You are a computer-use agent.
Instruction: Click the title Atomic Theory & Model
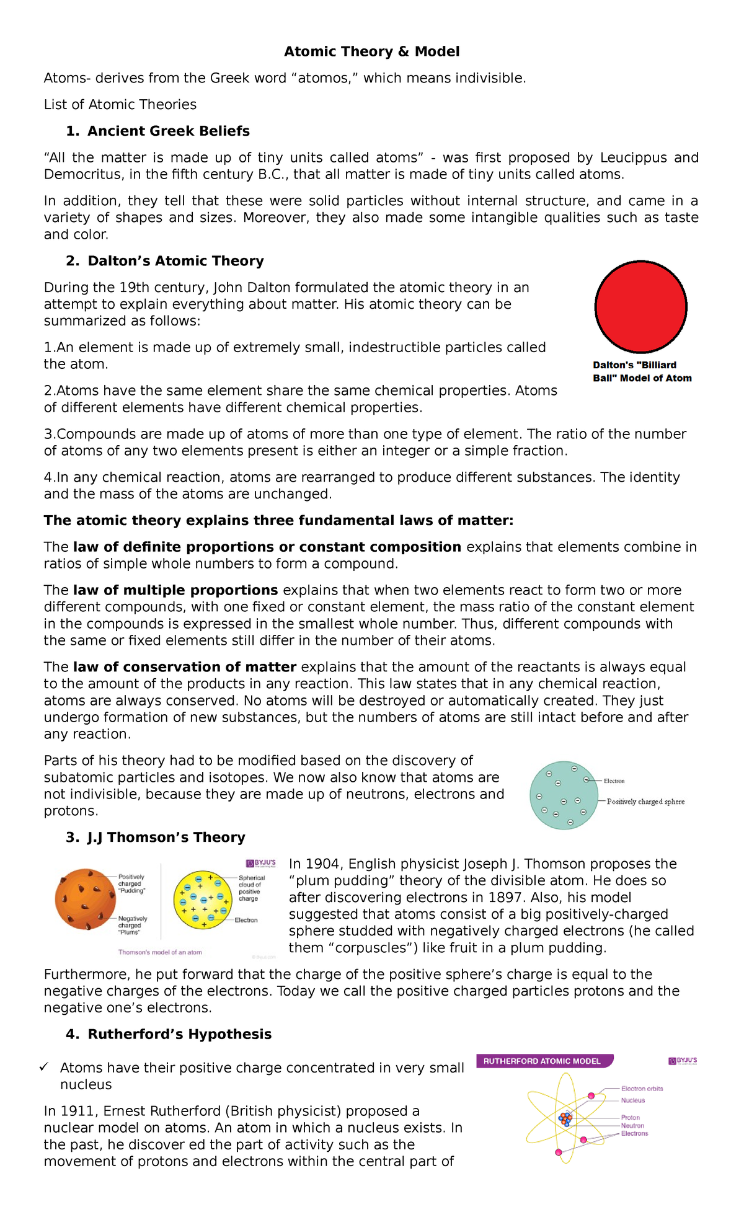[x=371, y=51]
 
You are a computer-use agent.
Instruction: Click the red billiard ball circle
[x=640, y=307]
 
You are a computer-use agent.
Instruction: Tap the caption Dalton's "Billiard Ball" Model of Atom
[x=642, y=371]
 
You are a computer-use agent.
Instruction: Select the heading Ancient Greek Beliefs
[x=168, y=131]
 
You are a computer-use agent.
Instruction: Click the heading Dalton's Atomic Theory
[x=175, y=261]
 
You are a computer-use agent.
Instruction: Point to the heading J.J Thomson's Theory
[x=166, y=838]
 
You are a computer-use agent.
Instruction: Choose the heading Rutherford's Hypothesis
[x=179, y=1034]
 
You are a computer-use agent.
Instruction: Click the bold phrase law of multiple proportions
[x=175, y=590]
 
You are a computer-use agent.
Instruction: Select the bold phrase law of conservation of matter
[x=184, y=667]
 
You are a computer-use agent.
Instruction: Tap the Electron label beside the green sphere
[x=614, y=781]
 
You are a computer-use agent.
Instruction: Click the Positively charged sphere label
[x=645, y=802]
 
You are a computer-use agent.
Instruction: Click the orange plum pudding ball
[x=86, y=899]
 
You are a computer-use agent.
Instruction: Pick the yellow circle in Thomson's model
[x=202, y=900]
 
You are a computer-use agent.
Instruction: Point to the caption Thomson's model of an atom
[x=160, y=952]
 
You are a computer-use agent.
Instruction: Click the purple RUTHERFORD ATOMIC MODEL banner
[x=544, y=1061]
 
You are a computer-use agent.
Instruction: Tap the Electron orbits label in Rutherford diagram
[x=642, y=1089]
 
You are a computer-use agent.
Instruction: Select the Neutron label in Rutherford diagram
[x=632, y=1125]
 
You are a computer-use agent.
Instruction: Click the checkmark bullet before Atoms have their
[x=43, y=1068]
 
